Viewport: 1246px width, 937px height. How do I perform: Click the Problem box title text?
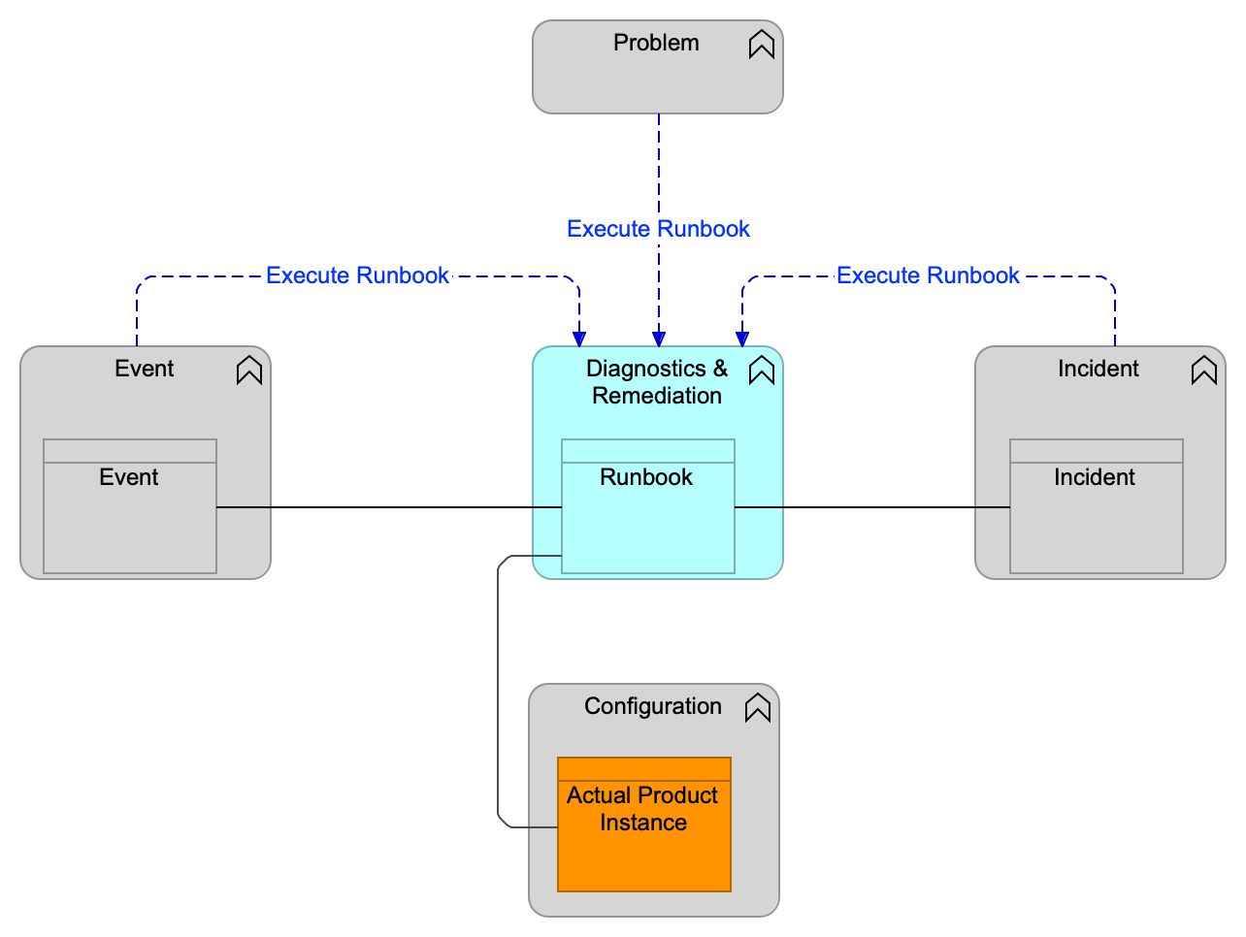click(x=656, y=44)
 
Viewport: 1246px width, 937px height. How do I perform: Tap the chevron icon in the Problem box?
click(x=762, y=45)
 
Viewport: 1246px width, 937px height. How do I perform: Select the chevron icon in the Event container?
click(x=249, y=371)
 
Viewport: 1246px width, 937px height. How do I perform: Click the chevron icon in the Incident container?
click(x=1204, y=371)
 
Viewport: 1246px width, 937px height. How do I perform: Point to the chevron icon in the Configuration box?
click(x=758, y=708)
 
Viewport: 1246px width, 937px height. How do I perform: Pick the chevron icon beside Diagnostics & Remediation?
click(x=762, y=371)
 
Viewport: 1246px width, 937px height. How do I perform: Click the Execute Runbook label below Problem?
click(x=658, y=230)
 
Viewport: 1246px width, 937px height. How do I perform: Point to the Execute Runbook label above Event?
click(x=357, y=276)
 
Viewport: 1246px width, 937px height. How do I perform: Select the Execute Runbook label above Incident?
click(x=928, y=276)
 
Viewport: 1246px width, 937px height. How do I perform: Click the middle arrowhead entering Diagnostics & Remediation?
click(x=659, y=339)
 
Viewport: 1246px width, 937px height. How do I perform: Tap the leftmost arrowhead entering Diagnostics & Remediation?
click(x=579, y=339)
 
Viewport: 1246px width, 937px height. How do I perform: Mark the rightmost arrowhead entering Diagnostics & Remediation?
click(x=742, y=339)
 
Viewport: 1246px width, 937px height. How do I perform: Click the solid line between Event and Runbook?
click(x=388, y=507)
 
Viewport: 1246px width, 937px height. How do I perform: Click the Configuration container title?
click(x=653, y=707)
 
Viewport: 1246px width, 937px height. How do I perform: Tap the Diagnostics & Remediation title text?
click(x=657, y=382)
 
